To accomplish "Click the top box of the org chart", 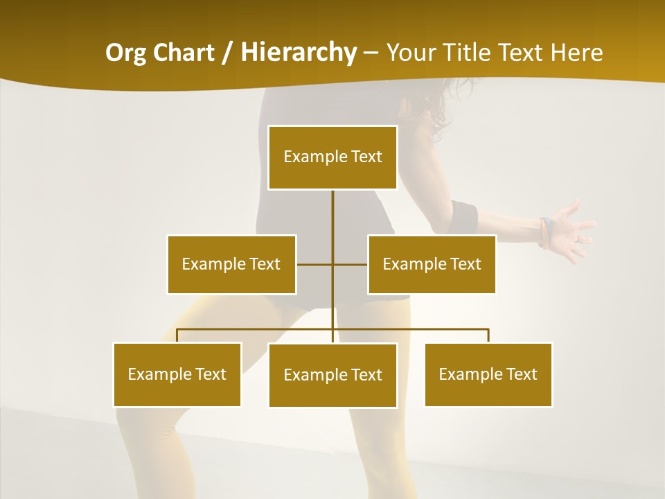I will point(332,157).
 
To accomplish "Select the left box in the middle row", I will point(231,264).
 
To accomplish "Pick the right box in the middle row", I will point(432,264).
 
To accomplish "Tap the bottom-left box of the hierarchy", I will point(177,374).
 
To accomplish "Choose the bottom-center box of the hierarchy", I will point(332,375).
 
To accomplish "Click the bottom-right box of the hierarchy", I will point(488,374).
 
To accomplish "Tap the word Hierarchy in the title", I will point(299,53).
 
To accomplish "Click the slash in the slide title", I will point(227,53).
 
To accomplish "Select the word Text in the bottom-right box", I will point(521,374).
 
